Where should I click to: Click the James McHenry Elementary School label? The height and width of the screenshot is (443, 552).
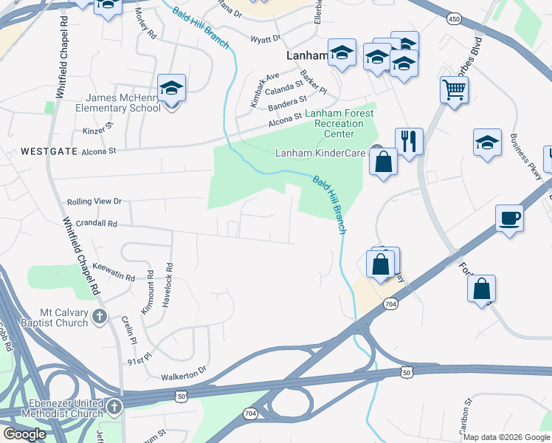click(x=123, y=103)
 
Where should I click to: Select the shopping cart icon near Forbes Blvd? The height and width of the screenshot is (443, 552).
click(x=455, y=90)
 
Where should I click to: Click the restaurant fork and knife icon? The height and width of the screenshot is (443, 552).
click(x=409, y=140)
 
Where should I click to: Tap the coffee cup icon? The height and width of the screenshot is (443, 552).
click(x=510, y=219)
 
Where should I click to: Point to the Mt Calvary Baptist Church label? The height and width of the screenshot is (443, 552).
click(x=45, y=317)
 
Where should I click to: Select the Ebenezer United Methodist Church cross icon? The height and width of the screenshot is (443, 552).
click(x=114, y=407)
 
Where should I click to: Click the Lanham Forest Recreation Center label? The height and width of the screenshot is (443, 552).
click(x=339, y=119)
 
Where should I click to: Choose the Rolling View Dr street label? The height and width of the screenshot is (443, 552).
click(x=94, y=201)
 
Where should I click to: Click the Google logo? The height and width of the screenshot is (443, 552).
click(x=24, y=434)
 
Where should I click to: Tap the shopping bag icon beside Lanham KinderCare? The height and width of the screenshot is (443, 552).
click(x=383, y=162)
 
